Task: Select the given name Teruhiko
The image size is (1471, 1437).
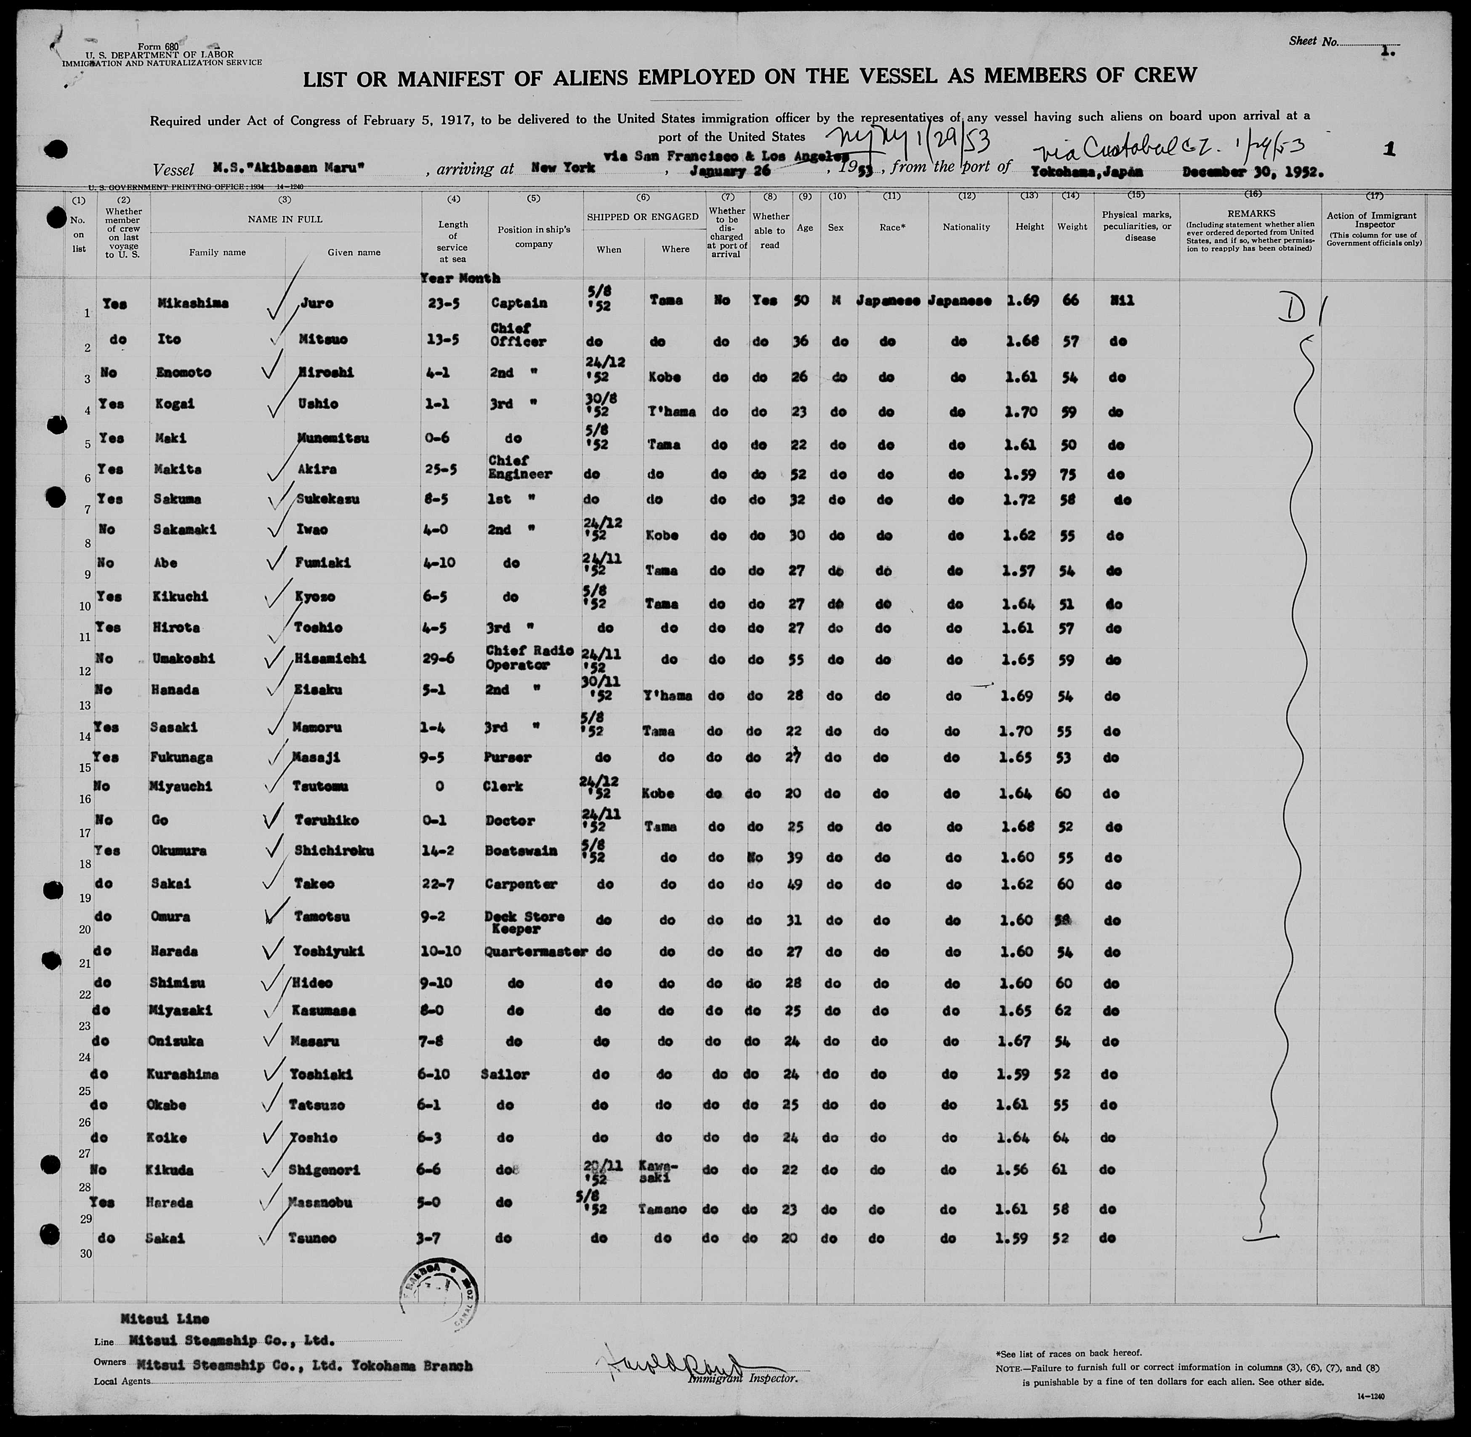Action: tap(328, 820)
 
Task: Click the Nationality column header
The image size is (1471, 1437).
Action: tap(966, 227)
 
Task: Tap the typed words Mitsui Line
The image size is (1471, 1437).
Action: tap(164, 1319)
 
